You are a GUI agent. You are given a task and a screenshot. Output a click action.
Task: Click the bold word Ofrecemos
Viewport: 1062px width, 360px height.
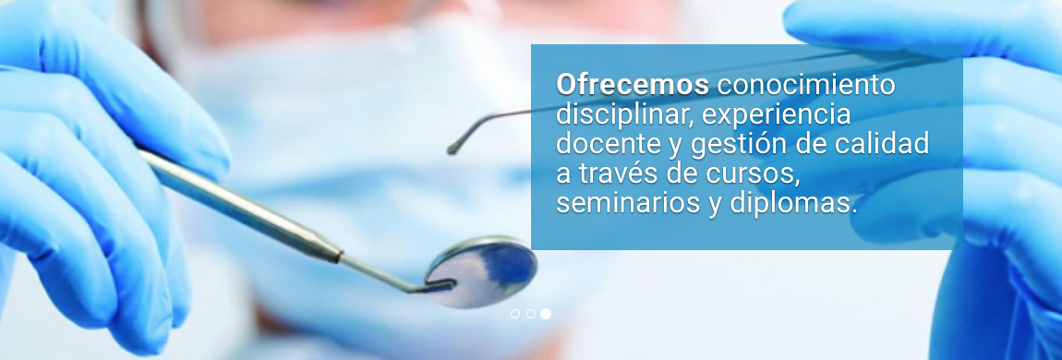coord(633,85)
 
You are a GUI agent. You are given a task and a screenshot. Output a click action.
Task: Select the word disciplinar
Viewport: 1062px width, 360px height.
coord(625,114)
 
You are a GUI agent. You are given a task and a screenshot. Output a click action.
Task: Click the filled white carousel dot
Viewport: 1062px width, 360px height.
coord(546,314)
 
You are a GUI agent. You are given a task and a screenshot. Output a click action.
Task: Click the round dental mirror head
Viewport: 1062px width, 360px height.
coord(481,271)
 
